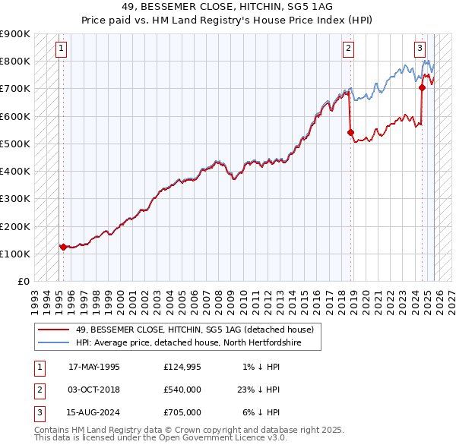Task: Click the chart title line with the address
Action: (x=227, y=7)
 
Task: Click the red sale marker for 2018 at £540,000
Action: (x=350, y=132)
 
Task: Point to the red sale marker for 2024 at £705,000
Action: (x=422, y=87)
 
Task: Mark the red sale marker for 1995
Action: (x=63, y=247)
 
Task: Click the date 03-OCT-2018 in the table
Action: (x=94, y=390)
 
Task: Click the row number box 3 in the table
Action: (x=38, y=412)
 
